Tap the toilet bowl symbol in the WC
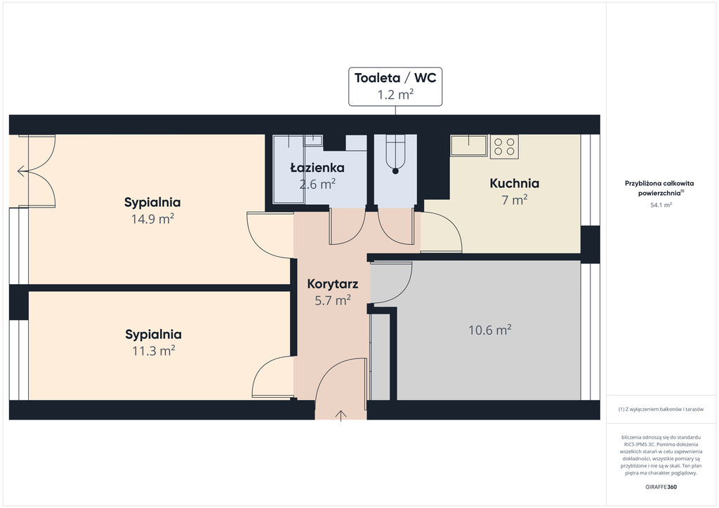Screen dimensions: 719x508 (x=395, y=154)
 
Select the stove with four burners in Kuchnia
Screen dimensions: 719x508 (x=504, y=147)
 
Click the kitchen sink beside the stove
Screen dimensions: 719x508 (x=468, y=145)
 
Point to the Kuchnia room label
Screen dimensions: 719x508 (x=515, y=183)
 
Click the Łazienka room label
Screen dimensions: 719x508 (x=317, y=168)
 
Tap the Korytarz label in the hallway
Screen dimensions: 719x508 (x=332, y=284)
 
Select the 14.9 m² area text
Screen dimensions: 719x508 (x=152, y=219)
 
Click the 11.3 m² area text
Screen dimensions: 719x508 (x=154, y=351)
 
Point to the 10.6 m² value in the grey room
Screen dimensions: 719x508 (x=489, y=330)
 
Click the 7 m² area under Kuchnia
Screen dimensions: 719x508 (x=515, y=200)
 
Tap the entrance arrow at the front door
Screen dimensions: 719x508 (x=341, y=415)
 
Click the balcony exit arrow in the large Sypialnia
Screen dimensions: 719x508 (x=22, y=172)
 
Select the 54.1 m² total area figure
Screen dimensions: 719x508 (x=661, y=205)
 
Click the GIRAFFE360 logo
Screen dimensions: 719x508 (x=661, y=487)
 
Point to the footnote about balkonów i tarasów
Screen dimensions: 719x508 (x=661, y=409)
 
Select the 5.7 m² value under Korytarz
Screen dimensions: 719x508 (x=332, y=300)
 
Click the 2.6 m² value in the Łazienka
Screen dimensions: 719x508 (x=317, y=184)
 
